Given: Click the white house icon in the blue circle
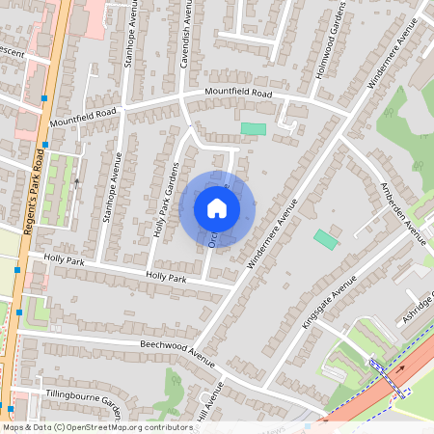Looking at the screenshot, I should coord(217,207).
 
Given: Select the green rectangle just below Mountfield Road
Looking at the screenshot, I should coord(253,128).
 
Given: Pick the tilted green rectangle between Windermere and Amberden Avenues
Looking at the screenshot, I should coord(326,239).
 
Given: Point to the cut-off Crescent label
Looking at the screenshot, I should coord(12,51).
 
